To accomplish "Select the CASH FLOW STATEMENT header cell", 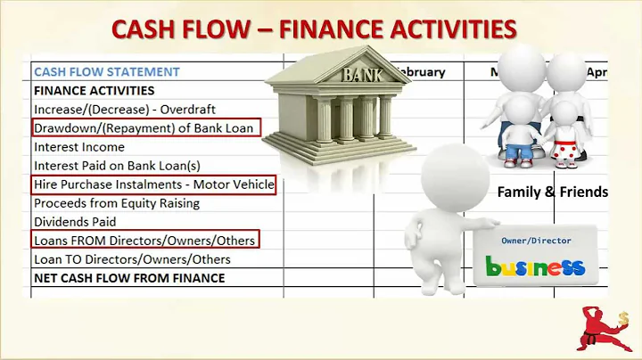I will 106,71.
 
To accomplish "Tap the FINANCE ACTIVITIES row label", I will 94,90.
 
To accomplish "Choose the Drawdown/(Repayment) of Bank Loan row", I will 146,127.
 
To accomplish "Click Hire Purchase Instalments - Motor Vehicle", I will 153,184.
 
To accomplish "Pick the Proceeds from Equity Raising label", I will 116,203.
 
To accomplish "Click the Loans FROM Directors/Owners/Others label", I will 144,241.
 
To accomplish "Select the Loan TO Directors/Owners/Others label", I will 132,259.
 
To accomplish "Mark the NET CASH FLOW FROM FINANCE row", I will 129,278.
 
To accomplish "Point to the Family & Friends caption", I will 552,192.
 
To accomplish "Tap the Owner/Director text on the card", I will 537,241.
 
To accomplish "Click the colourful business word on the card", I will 535,266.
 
